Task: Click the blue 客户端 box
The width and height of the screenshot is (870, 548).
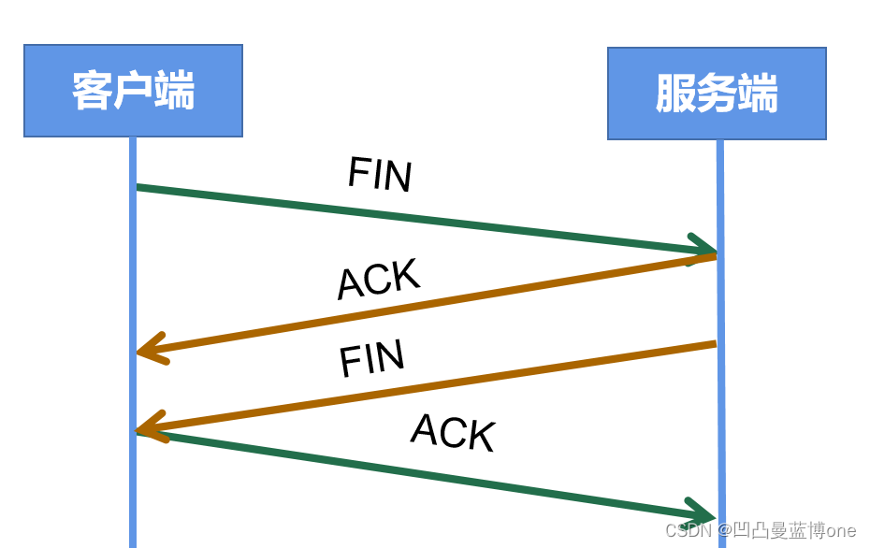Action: coord(133,91)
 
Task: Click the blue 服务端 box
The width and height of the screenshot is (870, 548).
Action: coord(717,94)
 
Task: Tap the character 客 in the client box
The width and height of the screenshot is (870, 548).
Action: coord(92,91)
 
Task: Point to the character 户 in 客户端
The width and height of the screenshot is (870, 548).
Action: coord(133,91)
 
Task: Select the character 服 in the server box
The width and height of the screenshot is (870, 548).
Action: coord(675,94)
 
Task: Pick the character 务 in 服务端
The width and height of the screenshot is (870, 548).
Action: coord(717,94)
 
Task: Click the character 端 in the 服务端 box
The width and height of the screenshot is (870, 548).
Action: coord(758,94)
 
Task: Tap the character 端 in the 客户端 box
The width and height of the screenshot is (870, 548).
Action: coord(174,91)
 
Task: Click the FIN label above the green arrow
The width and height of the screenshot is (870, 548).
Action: coord(380,174)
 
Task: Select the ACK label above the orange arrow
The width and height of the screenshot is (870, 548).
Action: coord(379,279)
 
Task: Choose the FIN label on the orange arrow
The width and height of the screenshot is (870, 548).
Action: coord(372,359)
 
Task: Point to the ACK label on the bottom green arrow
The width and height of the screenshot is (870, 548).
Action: coord(453,432)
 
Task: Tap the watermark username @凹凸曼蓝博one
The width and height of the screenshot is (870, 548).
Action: coord(787,530)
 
